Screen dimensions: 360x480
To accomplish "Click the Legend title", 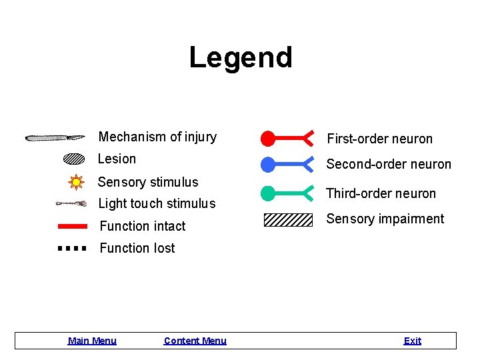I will click(x=241, y=57).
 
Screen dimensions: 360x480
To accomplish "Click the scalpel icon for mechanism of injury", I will click(x=55, y=138).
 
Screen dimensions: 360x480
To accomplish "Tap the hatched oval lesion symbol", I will click(x=74, y=159).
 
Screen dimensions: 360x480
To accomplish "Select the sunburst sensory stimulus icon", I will click(x=76, y=181).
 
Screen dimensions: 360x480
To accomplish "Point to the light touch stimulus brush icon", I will click(x=71, y=203).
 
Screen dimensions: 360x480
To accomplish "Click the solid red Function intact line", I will click(x=73, y=226).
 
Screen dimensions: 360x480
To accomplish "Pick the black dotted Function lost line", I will click(x=73, y=248).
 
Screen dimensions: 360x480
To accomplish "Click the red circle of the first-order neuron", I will click(x=267, y=139).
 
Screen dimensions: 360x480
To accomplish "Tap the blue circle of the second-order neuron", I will click(x=267, y=164).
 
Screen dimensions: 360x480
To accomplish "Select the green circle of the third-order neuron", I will click(x=267, y=193).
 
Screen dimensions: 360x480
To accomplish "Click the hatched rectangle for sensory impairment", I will click(x=288, y=219).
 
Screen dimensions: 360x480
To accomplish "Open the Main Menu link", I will click(x=92, y=341).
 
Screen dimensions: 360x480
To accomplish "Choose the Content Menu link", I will click(x=195, y=341).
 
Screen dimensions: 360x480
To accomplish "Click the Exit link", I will click(x=412, y=341).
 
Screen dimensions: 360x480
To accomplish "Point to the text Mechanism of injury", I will click(x=157, y=137).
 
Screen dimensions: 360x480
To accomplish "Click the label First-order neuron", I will click(x=379, y=139).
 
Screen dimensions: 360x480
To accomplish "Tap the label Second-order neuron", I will click(x=389, y=164).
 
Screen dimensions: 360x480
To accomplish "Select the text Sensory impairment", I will click(x=385, y=219).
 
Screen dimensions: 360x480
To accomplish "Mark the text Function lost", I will click(x=137, y=248).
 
